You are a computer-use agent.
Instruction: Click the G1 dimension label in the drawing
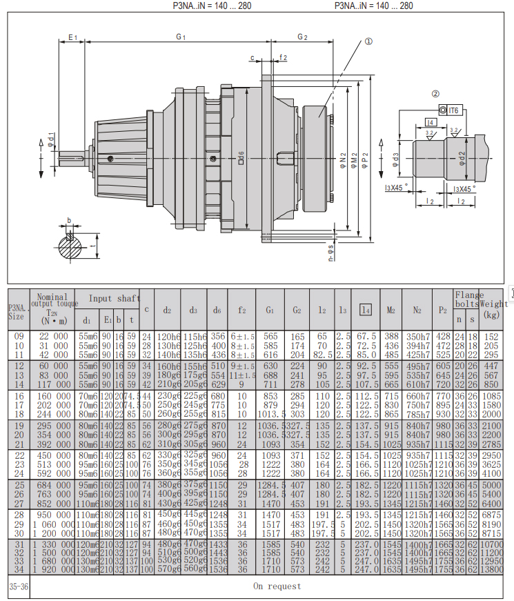pos(181,36)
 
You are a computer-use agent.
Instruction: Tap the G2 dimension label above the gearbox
pos(302,36)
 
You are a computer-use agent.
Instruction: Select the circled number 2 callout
pos(435,95)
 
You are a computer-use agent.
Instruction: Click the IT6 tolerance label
pos(453,110)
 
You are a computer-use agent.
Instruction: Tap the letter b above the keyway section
pos(68,221)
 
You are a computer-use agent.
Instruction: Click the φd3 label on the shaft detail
pos(395,160)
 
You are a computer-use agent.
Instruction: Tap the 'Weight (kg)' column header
pos(492,304)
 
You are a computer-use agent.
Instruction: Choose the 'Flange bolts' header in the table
pos(466,299)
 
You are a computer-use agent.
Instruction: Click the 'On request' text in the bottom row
pos(277,587)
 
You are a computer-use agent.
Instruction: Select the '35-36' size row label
pos(19,587)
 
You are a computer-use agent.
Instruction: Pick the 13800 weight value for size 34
pos(492,569)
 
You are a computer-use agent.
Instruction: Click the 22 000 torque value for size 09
pos(54,336)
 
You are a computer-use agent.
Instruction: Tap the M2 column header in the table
pos(391,311)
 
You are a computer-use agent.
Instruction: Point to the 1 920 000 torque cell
pos(54,569)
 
